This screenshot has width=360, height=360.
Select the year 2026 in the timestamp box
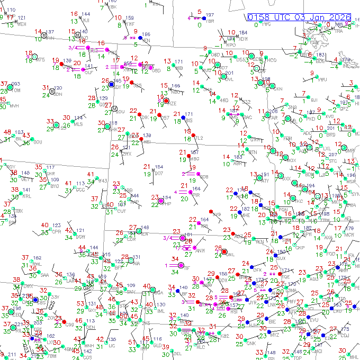[x=338, y=17]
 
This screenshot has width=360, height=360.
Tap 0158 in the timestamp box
[x=260, y=17]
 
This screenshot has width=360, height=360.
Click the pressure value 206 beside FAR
[x=273, y=111]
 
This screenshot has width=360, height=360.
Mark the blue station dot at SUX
[x=277, y=253]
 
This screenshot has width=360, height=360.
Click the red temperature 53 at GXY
[x=81, y=303]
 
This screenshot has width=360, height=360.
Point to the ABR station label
[x=237, y=164]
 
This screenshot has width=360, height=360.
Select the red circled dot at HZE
[x=166, y=100]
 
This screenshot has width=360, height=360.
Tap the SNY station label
[x=131, y=292]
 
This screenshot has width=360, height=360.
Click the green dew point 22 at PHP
[x=155, y=205]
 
